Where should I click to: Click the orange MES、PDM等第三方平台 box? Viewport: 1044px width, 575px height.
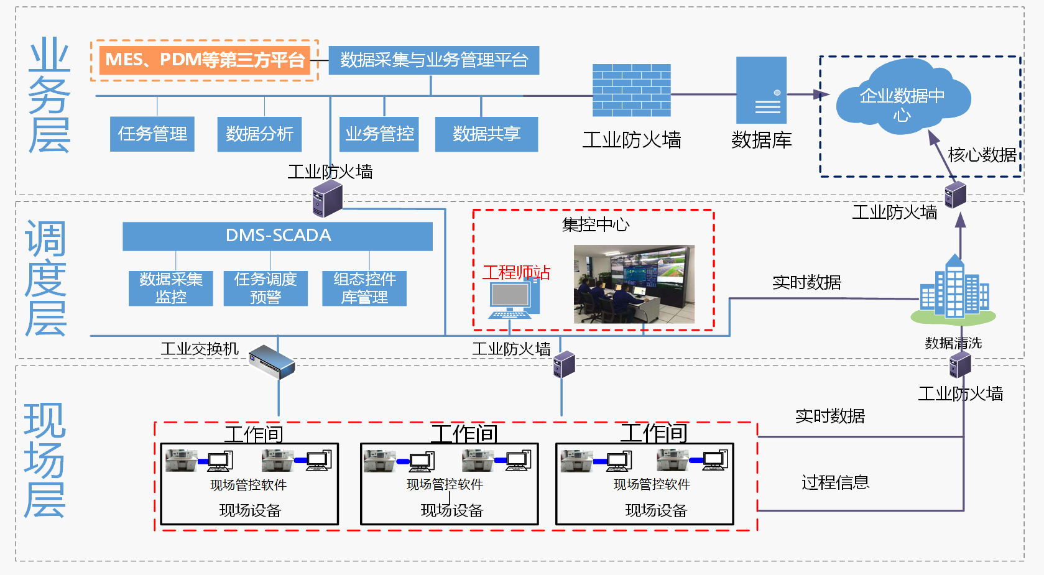pyautogui.click(x=205, y=60)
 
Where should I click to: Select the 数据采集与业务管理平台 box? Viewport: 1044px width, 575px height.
pyautogui.click(x=434, y=60)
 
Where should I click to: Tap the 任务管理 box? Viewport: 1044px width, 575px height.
pyautogui.click(x=152, y=134)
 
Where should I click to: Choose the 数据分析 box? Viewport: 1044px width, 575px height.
pyautogui.click(x=259, y=134)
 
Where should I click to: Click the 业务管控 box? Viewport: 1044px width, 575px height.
pyautogui.click(x=379, y=134)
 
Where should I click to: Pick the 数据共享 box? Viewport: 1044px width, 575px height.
pyautogui.click(x=487, y=134)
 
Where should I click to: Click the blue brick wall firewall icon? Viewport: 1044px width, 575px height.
pyautogui.click(x=632, y=90)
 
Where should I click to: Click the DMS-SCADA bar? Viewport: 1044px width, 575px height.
pyautogui.click(x=278, y=236)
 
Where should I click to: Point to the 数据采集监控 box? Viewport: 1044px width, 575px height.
pyautogui.click(x=170, y=288)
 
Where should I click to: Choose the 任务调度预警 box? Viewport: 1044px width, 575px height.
pyautogui.click(x=266, y=288)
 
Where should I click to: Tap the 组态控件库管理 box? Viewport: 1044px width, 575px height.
pyautogui.click(x=364, y=288)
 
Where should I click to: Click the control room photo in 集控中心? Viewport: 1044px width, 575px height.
pyautogui.click(x=634, y=284)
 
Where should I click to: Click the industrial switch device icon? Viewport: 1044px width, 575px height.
pyautogui.click(x=272, y=362)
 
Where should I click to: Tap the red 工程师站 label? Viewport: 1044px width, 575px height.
pyautogui.click(x=517, y=272)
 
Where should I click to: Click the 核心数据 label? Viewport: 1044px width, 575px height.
pyautogui.click(x=982, y=155)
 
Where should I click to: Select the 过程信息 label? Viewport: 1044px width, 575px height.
pyautogui.click(x=835, y=482)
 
